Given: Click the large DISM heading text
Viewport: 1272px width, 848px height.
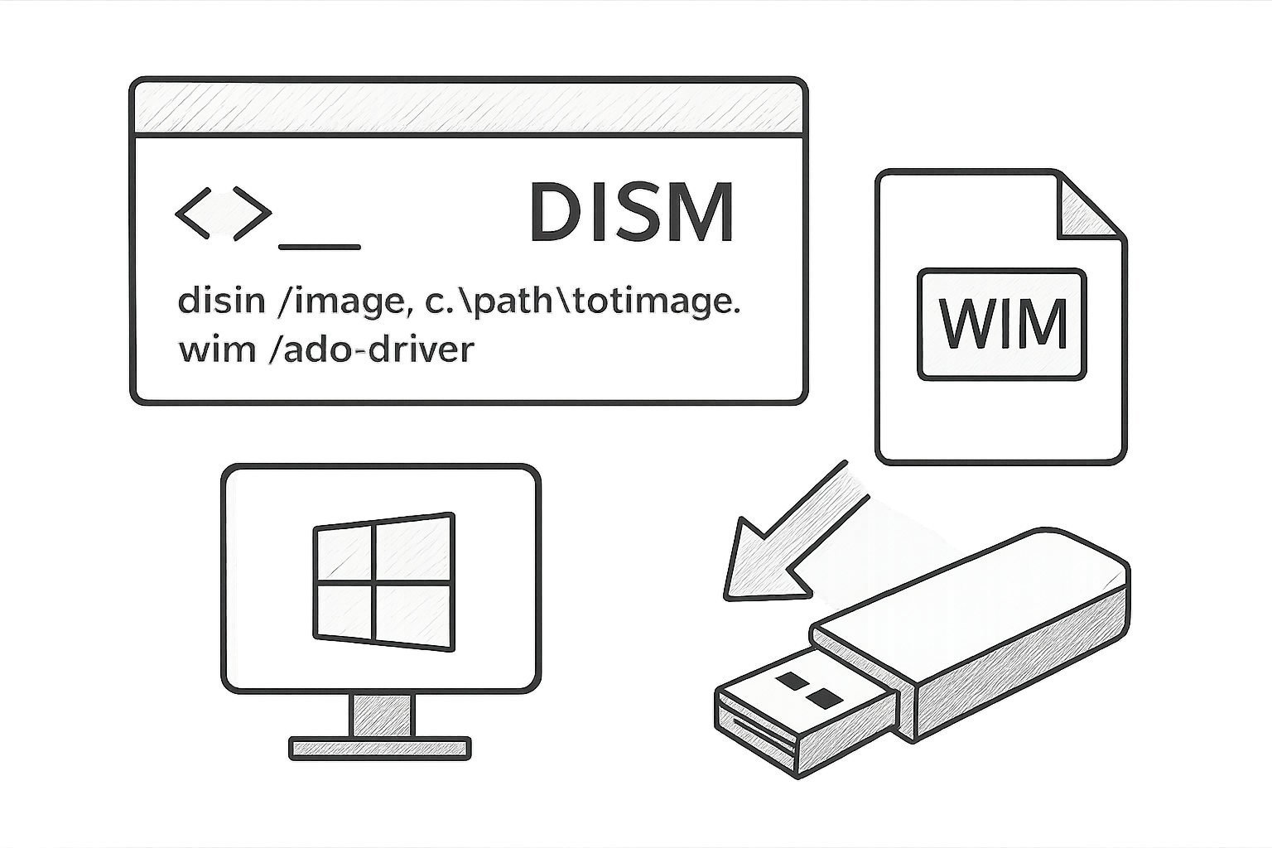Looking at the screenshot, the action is pos(632,212).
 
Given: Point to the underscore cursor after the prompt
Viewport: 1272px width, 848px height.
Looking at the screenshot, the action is pos(320,247).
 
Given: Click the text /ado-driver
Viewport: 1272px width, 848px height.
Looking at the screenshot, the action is pos(371,349).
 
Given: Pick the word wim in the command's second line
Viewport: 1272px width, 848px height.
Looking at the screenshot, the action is pos(217,349).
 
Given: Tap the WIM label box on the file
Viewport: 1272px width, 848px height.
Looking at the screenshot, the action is pos(1002,325).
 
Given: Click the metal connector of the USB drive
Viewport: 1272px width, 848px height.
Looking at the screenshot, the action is pos(803,715).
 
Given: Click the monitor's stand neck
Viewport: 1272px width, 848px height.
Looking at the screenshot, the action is pos(382,715).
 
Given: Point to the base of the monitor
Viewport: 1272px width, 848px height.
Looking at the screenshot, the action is pos(380,748).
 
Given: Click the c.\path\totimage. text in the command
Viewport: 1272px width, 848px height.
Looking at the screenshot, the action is pos(583,301).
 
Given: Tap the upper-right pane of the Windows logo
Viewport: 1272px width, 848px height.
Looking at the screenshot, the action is pos(415,549).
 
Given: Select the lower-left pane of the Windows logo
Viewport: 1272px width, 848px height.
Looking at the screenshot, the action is pos(344,614).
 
